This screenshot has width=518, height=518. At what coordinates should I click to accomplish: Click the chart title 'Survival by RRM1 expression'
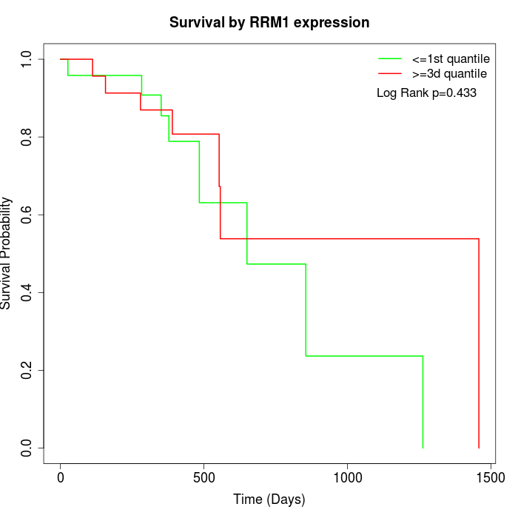pos(269,22)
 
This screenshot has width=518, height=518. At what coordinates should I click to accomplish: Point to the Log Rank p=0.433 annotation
pos(426,93)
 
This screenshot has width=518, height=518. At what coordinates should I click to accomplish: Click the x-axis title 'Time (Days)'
pos(269,500)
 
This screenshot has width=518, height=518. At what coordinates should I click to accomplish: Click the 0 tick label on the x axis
pos(61,477)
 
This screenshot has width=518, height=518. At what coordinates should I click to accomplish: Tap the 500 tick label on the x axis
pos(203,477)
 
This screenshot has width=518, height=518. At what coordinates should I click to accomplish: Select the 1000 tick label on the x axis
pos(346,477)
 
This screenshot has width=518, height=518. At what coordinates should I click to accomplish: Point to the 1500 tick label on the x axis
pos(489,477)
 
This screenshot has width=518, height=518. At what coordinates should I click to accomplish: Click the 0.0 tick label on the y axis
pos(27,448)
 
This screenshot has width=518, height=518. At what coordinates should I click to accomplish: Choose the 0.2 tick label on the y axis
pos(27,370)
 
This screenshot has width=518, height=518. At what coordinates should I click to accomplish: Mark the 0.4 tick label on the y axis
pos(27,292)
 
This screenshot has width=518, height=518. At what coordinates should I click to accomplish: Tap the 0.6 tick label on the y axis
pos(27,215)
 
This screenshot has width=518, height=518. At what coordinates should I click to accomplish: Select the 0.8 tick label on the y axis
pos(27,137)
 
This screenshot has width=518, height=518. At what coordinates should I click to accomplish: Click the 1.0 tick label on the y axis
pos(27,59)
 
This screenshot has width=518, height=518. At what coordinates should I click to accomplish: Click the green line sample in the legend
pos(389,58)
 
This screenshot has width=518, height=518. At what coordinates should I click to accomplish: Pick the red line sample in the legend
pos(389,74)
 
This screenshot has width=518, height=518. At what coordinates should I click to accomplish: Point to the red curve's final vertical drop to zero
pos(479,344)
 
